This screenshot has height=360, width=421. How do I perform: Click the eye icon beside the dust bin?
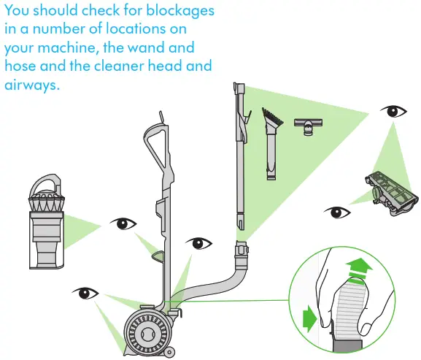(x=121, y=223)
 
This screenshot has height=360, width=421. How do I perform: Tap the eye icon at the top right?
(x=395, y=112)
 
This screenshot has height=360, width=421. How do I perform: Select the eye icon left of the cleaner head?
(x=336, y=213)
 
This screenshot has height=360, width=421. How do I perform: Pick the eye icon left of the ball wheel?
(x=85, y=294)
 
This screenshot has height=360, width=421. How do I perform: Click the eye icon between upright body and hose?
(x=197, y=243)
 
